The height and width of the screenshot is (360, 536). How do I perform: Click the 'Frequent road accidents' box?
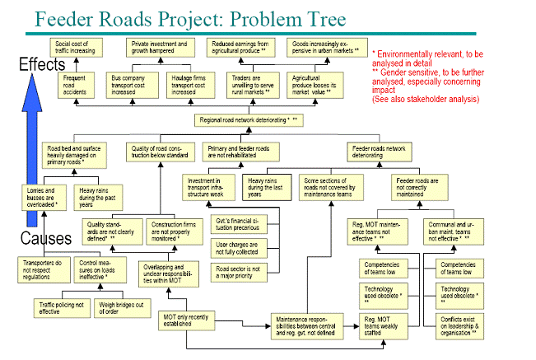pyautogui.click(x=75, y=84)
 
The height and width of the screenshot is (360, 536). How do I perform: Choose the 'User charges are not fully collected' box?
pyautogui.click(x=238, y=249)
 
